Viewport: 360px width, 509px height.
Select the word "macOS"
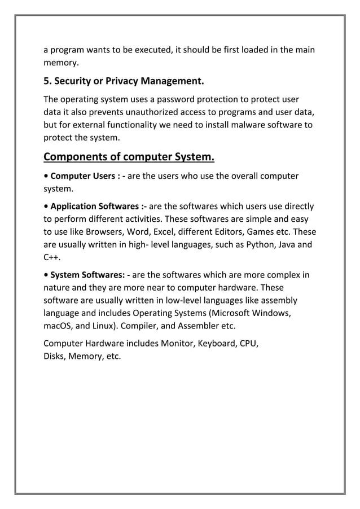click(58, 326)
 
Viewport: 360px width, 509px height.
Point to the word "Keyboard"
click(217, 344)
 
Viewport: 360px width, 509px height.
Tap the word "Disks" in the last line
click(54, 356)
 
